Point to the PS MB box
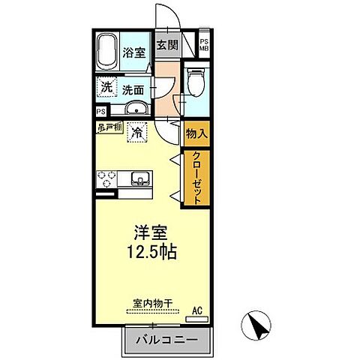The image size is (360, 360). (203, 45)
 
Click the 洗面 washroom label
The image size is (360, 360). (134, 88)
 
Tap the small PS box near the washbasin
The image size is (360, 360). (101, 112)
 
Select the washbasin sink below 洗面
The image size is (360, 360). (135, 111)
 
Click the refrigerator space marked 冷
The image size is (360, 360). (138, 133)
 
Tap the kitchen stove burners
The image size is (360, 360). (105, 178)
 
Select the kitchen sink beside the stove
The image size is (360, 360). (139, 178)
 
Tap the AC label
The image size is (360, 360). (197, 309)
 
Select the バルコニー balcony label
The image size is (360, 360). (166, 340)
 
